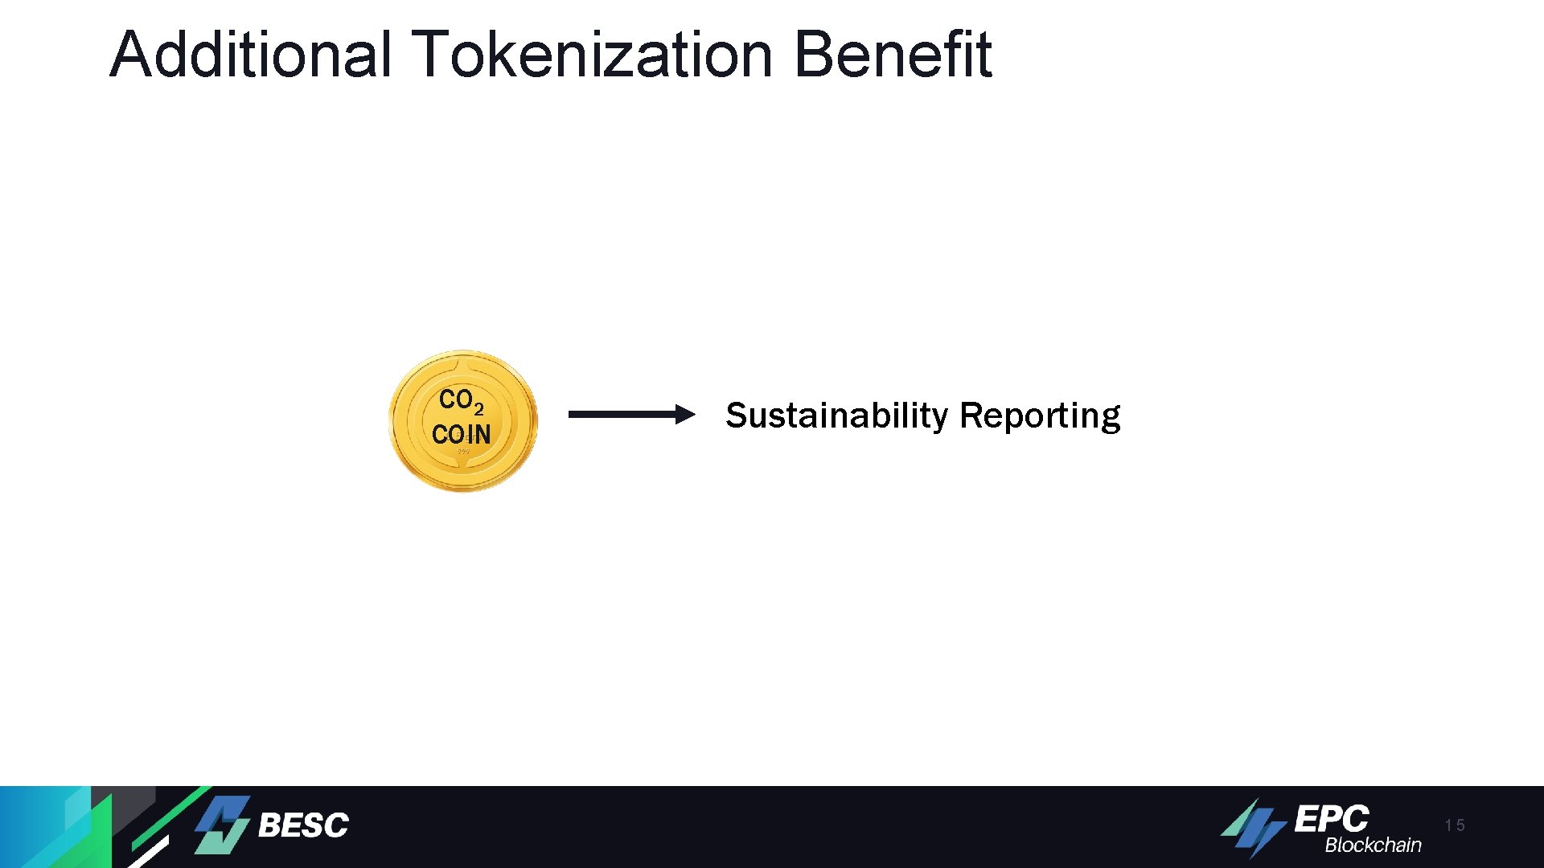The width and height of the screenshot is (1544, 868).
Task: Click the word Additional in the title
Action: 250,55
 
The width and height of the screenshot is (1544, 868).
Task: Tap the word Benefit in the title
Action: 893,55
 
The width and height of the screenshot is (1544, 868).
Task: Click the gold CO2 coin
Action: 462,420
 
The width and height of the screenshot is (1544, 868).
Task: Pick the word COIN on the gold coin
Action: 461,435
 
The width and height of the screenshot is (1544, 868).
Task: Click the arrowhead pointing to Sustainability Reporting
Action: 684,415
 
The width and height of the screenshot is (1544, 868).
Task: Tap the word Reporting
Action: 1040,416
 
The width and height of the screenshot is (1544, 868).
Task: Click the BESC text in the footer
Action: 303,825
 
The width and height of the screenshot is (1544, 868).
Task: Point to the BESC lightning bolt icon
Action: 223,825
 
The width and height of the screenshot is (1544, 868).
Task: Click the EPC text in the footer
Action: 1331,819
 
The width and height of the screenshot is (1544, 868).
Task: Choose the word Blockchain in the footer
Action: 1373,845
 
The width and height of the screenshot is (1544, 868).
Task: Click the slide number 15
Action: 1454,825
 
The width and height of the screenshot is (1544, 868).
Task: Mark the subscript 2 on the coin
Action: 478,409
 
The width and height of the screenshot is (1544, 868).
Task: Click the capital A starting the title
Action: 129,55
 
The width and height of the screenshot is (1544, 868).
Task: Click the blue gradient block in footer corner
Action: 40,827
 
